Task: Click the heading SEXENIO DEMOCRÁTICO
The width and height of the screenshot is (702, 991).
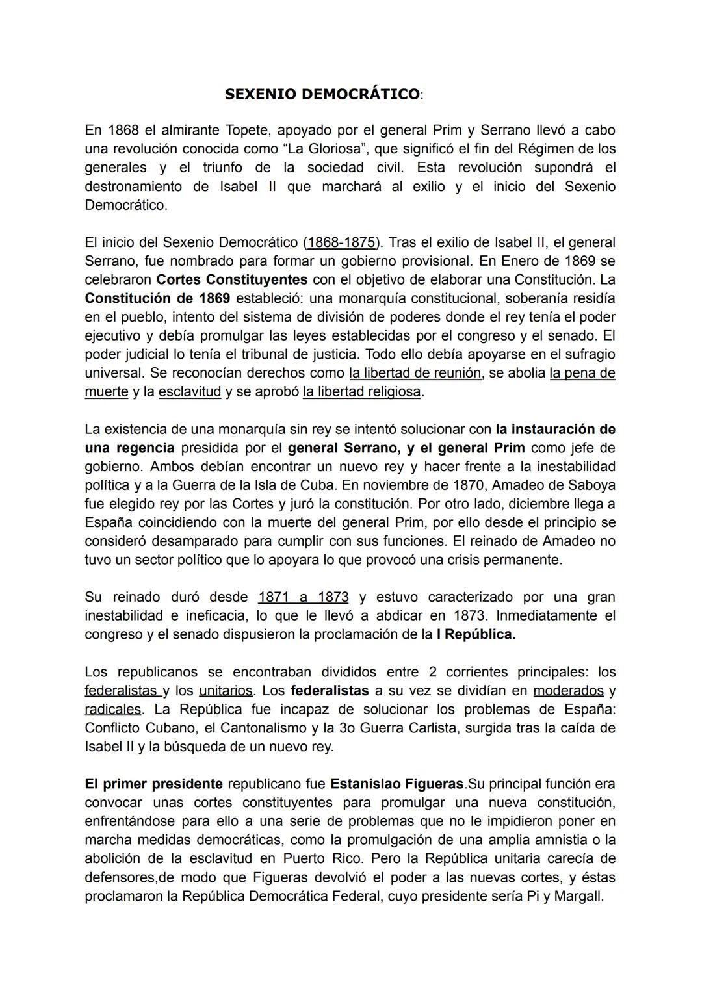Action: (322, 94)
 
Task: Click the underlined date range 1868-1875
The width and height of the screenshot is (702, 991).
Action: (341, 242)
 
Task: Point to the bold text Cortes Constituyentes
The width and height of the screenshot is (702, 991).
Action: (232, 280)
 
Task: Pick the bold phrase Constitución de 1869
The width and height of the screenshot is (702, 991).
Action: (157, 299)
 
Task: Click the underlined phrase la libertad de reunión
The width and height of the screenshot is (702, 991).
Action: (415, 374)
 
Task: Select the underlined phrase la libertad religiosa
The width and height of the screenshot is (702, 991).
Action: (361, 393)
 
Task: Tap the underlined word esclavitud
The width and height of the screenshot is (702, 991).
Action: (190, 393)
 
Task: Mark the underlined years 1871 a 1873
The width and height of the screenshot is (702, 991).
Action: (303, 597)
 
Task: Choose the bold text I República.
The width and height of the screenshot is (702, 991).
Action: (476, 635)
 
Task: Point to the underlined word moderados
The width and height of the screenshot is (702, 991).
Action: (568, 691)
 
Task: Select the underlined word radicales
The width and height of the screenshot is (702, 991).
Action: (112, 710)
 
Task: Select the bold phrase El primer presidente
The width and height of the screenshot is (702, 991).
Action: (153, 784)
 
